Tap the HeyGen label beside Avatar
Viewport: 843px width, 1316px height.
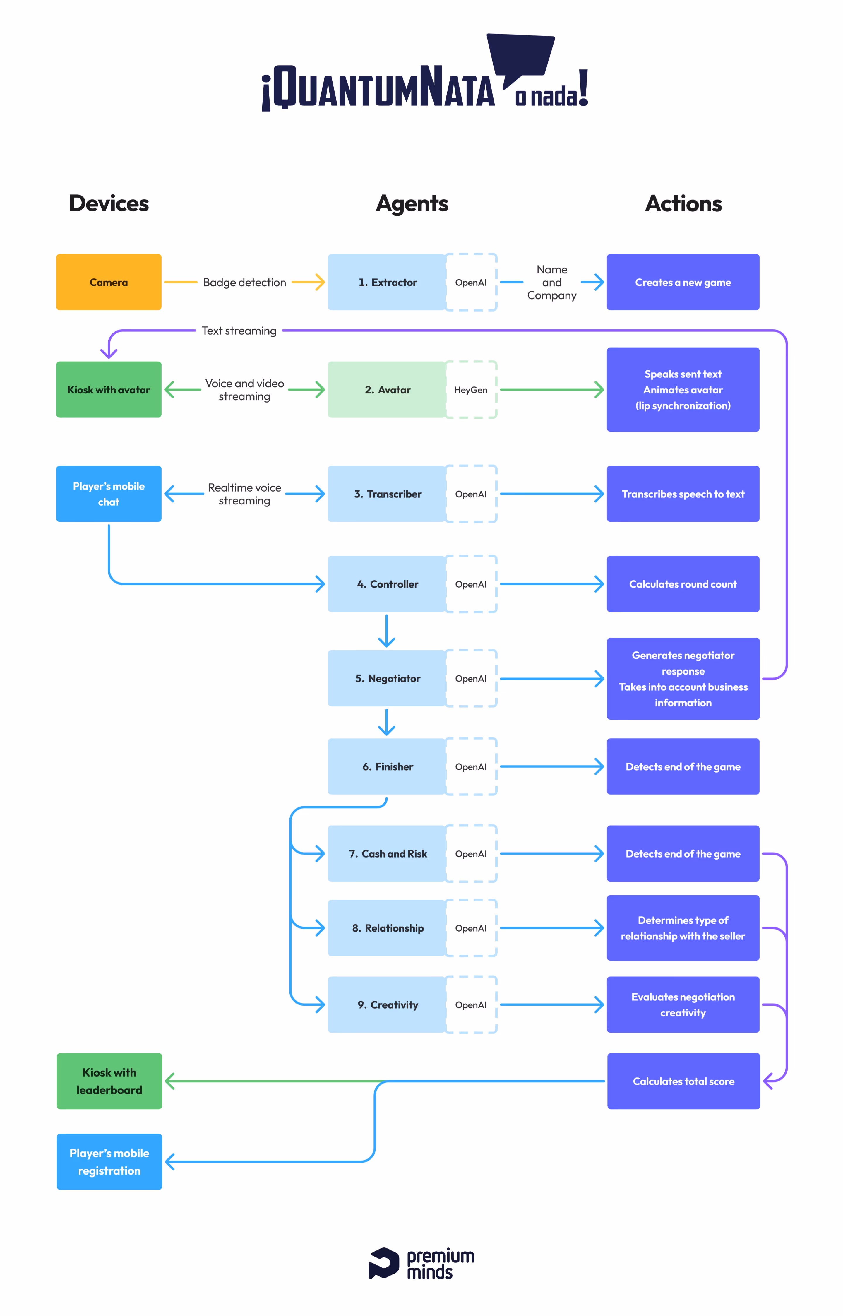pyautogui.click(x=471, y=390)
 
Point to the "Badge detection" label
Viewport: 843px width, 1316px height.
pyautogui.click(x=244, y=283)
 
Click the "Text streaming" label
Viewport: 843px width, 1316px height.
pyautogui.click(x=239, y=331)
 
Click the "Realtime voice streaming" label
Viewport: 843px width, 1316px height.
pyautogui.click(x=244, y=494)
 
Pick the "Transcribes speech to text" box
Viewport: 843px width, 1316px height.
pyautogui.click(x=683, y=494)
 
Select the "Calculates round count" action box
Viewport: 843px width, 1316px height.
pyautogui.click(x=683, y=584)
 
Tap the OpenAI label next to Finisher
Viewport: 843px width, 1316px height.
pyautogui.click(x=471, y=766)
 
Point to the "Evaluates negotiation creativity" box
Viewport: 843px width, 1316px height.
pyautogui.click(x=683, y=1004)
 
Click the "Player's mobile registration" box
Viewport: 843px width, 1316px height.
pyautogui.click(x=109, y=1162)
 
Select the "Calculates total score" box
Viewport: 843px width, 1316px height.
pyautogui.click(x=683, y=1081)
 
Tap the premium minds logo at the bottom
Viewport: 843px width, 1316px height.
pyautogui.click(x=421, y=1263)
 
